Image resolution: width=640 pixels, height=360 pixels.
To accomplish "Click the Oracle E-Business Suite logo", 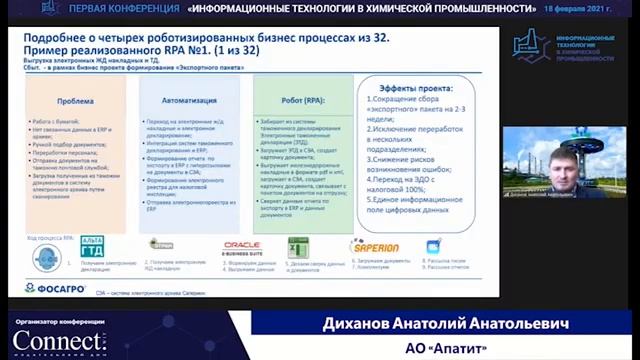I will point(243,247).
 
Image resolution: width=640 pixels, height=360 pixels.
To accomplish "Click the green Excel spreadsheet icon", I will point(298,247).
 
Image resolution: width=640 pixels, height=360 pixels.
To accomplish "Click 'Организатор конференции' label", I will point(54,322).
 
